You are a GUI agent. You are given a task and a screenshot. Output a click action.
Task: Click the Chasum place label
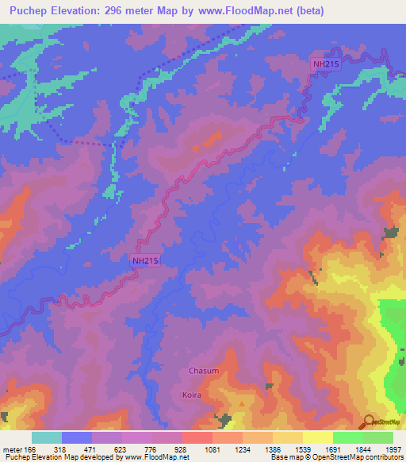pos(203,371)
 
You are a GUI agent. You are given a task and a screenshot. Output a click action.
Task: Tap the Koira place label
pos(192,395)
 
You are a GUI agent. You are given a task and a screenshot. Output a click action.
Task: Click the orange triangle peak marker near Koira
pos(242,402)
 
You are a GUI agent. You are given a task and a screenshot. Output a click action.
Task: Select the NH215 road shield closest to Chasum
pos(145,260)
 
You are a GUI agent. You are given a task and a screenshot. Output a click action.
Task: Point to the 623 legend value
pos(122,449)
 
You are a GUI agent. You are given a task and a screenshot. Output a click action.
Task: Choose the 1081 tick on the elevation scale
pos(213,449)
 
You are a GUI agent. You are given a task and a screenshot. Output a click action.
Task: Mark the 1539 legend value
pos(303,449)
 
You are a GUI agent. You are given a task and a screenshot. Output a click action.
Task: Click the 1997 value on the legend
pos(393,449)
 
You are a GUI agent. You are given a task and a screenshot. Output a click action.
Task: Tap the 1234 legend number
pos(243,449)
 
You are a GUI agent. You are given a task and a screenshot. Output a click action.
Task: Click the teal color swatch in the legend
pos(47,437)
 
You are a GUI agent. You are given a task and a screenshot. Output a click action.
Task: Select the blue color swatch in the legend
pos(77,437)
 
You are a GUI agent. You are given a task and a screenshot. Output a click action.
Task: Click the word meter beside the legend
pos(12,449)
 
